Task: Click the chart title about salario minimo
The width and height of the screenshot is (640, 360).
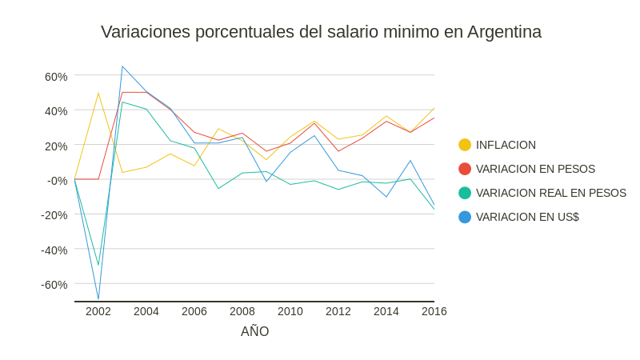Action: click(x=321, y=32)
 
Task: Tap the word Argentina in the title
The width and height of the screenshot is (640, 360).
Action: click(x=504, y=32)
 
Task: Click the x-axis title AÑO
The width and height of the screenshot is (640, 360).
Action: click(x=254, y=331)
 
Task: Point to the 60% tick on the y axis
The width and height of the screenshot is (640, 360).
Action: click(x=56, y=77)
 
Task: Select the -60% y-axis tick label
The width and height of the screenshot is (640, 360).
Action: click(x=54, y=285)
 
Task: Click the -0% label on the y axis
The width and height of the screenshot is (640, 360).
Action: click(x=57, y=181)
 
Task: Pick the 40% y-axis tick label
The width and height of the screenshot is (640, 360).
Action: click(x=56, y=111)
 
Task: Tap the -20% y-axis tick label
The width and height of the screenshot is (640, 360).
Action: click(x=54, y=215)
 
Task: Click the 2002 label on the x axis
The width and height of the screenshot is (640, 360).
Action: click(x=98, y=311)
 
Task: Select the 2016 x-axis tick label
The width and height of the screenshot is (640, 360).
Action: click(x=434, y=311)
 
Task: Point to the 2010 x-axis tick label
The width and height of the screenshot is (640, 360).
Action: click(x=290, y=311)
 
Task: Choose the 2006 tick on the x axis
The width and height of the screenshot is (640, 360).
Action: click(x=194, y=311)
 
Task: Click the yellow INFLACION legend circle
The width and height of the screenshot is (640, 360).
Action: click(x=465, y=145)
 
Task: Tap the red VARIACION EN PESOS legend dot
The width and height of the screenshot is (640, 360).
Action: click(x=465, y=169)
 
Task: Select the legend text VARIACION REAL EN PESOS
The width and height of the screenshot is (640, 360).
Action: click(x=551, y=193)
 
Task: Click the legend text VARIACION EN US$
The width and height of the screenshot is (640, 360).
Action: click(x=527, y=217)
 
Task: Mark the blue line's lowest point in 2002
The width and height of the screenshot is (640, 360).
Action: click(x=98, y=299)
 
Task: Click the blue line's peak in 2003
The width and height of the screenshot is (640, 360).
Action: click(x=122, y=66)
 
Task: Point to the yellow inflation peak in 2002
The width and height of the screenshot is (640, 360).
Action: click(x=98, y=94)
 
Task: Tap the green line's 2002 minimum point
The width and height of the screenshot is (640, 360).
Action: click(x=98, y=265)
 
